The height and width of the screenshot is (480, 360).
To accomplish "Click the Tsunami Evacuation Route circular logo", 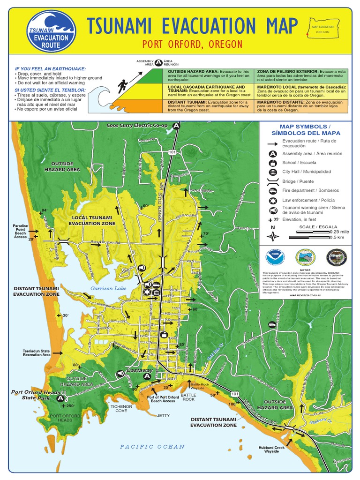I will pyautogui.click(x=51, y=32).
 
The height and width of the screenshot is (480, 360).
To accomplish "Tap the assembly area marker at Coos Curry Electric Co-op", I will pyautogui.click(x=176, y=126).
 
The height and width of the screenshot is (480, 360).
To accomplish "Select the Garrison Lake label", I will pyautogui.click(x=108, y=288).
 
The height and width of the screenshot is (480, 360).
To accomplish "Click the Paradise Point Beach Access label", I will pyautogui.click(x=20, y=231).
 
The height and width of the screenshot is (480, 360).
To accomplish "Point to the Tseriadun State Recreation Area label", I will pyautogui.click(x=37, y=352).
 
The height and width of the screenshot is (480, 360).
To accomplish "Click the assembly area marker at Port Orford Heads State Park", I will pyautogui.click(x=60, y=398).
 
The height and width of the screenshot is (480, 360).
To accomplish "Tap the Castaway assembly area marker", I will pyautogui.click(x=147, y=376).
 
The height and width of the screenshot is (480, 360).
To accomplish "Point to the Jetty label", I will pyautogui.click(x=164, y=415).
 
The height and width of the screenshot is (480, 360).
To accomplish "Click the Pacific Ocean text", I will pyautogui.click(x=152, y=446).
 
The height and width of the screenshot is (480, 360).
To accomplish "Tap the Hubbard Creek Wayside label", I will pyautogui.click(x=271, y=450).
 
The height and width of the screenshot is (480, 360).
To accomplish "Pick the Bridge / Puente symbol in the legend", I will pyautogui.click(x=272, y=181).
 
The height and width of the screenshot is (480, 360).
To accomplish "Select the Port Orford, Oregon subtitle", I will pyautogui.click(x=192, y=45).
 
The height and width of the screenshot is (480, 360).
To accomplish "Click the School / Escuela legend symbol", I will pyautogui.click(x=272, y=163).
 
